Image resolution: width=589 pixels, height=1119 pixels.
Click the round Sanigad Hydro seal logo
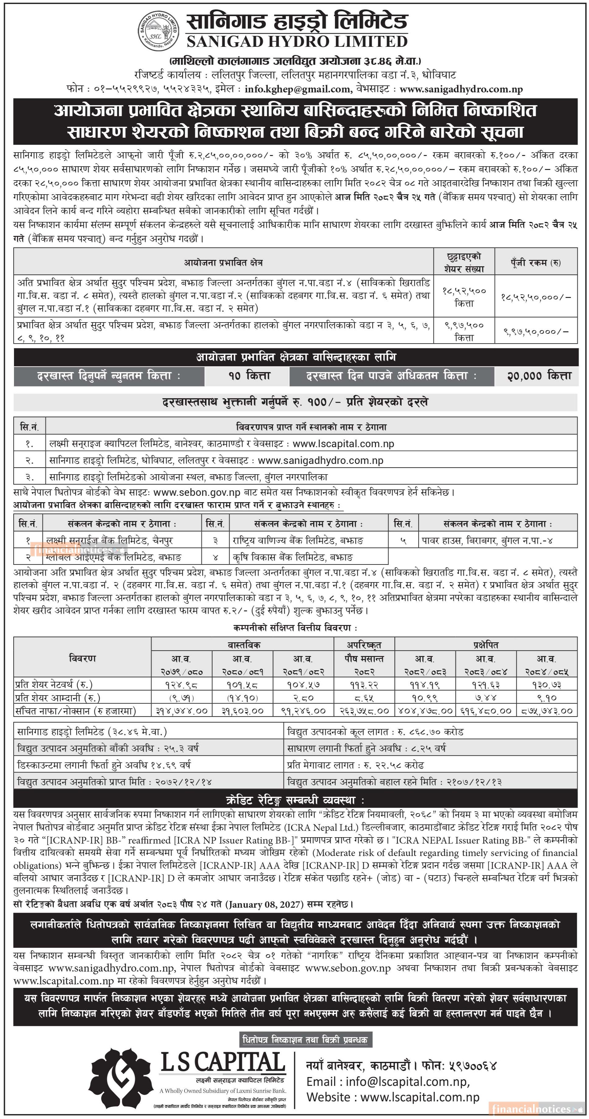[158, 30]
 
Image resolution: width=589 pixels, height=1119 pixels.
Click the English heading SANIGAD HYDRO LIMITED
[297, 42]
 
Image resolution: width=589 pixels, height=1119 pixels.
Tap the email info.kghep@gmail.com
[298, 89]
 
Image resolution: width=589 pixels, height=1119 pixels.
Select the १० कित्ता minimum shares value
[249, 376]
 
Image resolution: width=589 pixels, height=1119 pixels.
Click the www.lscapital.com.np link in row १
[343, 444]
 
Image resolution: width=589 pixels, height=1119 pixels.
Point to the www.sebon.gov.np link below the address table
[197, 492]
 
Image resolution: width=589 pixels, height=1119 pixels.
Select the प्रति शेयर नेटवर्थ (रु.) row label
[54, 685]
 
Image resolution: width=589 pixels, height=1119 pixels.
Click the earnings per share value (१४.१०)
[242, 698]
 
